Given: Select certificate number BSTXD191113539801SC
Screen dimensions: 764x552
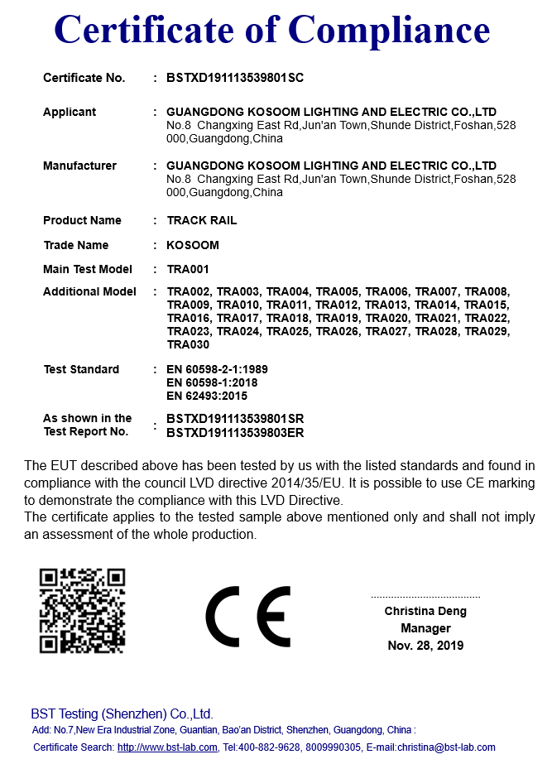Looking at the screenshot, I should tap(236, 78).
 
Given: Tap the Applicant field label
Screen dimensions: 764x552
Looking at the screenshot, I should tap(70, 112).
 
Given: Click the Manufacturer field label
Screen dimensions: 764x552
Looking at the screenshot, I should tap(79, 166).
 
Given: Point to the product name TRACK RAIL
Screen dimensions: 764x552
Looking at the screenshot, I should tap(202, 220).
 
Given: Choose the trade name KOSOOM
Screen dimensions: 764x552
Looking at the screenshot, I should tap(193, 245).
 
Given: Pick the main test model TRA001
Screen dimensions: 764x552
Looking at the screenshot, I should tap(188, 269).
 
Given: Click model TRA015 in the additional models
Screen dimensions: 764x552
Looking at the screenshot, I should tap(487, 305).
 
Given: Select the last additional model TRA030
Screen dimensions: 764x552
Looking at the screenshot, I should tap(188, 344).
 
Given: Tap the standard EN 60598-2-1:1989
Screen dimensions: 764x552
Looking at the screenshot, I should tap(217, 369).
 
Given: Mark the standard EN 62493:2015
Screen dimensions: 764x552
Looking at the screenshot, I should tap(207, 396).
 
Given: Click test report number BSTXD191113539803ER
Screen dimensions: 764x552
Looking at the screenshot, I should tap(236, 432).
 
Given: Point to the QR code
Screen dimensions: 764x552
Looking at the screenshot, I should tap(83, 610).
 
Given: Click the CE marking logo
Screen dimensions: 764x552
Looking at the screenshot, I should tap(248, 617).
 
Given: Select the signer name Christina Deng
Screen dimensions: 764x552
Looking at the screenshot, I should tap(425, 612).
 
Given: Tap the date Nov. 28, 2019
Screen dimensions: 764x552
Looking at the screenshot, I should tap(425, 646).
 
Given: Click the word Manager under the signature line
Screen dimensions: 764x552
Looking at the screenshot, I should tap(425, 628).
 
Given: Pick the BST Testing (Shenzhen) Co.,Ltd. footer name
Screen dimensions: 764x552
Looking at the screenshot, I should tap(122, 714).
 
